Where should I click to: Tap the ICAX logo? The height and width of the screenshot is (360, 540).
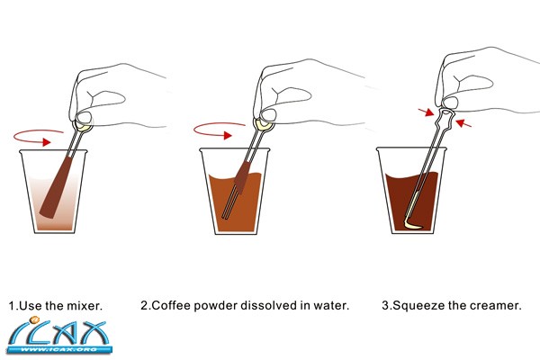[58, 336]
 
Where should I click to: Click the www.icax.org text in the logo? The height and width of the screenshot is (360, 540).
[58, 350]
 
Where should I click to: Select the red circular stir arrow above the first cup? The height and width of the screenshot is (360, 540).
[39, 138]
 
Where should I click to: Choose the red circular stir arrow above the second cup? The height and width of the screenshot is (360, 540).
[220, 130]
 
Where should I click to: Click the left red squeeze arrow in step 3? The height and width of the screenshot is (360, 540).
[426, 112]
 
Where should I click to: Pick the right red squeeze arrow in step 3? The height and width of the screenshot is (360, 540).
[463, 123]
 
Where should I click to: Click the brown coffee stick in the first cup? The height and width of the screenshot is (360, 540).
[57, 186]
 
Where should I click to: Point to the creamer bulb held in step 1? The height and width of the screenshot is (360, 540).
[84, 126]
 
